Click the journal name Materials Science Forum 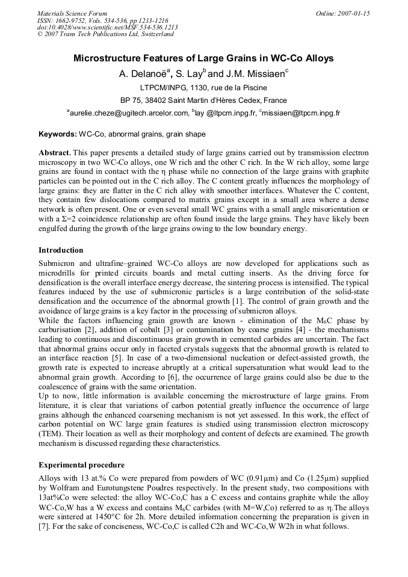(72, 13)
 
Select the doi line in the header (107, 27)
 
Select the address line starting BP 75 (203, 100)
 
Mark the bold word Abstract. (55, 154)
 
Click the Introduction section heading (61, 250)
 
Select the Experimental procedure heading (81, 465)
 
